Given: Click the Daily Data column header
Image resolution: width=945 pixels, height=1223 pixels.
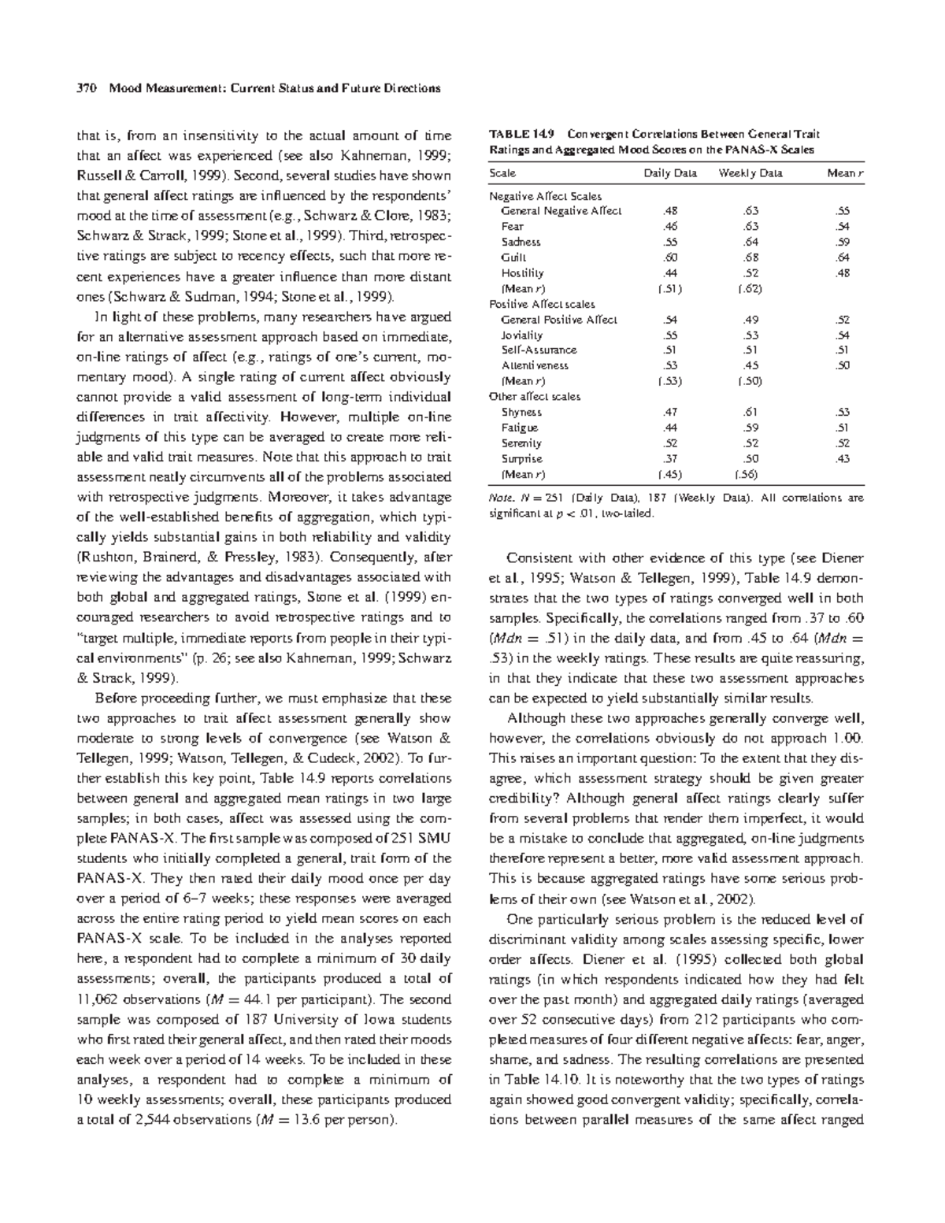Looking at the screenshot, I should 670,173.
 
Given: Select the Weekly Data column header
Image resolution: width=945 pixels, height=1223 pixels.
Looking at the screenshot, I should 750,173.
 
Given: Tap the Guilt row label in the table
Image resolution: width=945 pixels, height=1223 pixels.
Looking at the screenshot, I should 513,257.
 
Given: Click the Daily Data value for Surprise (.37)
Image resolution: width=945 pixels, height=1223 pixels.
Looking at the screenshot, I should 670,458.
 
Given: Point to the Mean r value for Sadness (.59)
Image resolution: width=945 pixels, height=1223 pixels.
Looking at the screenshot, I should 843,242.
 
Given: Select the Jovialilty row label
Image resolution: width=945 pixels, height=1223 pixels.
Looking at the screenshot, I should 521,335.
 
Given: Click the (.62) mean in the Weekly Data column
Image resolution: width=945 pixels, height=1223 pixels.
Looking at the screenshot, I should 750,288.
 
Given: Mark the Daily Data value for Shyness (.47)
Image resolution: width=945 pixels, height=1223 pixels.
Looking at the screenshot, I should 670,412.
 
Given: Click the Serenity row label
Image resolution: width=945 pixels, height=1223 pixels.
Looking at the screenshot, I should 521,443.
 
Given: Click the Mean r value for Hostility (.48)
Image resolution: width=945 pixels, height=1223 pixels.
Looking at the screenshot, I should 843,272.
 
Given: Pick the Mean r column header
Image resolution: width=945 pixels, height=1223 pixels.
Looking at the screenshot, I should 845,173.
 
